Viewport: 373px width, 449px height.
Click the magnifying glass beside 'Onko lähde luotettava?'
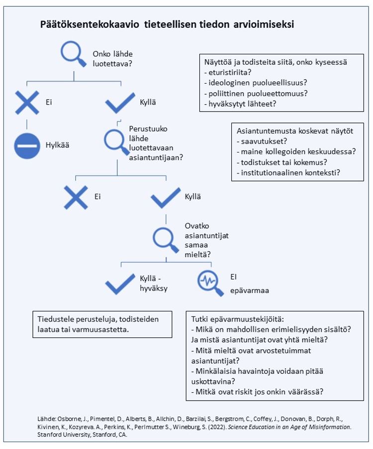click(73, 53)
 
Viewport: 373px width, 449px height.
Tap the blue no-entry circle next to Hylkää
click(27, 146)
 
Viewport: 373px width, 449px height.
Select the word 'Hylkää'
click(58, 145)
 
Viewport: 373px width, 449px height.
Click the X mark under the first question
click(27, 103)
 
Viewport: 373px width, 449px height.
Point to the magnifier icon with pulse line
click(210, 283)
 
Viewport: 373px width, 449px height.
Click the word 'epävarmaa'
click(250, 291)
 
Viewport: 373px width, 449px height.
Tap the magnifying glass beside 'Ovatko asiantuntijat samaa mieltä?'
click(166, 240)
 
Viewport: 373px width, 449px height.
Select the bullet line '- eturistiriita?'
click(228, 72)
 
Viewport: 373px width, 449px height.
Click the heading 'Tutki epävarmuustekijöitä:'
click(238, 319)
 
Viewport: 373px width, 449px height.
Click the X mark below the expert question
click(76, 197)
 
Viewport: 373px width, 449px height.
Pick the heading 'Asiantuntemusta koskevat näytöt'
click(295, 131)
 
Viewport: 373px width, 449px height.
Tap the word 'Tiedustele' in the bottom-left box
click(55, 319)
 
